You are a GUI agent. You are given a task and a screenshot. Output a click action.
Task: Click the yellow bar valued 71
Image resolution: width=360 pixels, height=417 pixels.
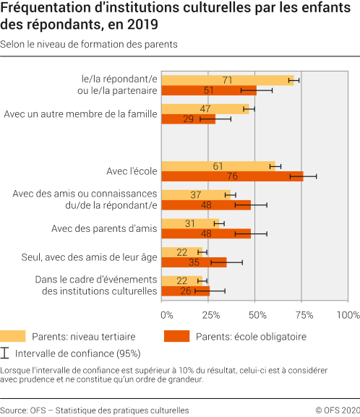228,80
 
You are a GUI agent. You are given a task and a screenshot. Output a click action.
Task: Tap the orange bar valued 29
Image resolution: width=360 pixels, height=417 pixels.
188,119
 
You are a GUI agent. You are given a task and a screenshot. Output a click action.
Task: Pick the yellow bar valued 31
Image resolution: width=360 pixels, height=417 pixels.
190,223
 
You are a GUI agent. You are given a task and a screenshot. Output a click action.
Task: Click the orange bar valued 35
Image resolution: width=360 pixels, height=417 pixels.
194,262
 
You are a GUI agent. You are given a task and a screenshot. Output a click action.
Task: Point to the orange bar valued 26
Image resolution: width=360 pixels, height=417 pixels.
185,291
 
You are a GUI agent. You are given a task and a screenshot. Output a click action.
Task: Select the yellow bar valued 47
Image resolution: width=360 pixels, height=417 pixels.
205,109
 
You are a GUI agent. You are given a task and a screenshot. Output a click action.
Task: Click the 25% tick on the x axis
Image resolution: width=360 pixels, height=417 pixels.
210,315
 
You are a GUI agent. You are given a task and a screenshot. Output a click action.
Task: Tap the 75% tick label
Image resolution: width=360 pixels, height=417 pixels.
303,315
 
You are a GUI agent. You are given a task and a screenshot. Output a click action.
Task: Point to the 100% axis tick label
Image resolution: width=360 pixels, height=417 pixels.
347,315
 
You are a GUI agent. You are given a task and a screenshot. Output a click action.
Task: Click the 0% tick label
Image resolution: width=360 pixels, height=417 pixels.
167,315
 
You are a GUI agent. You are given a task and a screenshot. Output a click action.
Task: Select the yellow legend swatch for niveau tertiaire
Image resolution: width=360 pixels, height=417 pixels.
13,336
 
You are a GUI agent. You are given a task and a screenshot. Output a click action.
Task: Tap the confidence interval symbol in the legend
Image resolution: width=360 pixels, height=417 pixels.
6,353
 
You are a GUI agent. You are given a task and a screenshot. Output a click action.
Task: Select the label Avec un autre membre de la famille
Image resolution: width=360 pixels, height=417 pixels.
80,114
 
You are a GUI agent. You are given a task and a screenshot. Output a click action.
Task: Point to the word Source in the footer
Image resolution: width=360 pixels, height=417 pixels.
14,410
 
